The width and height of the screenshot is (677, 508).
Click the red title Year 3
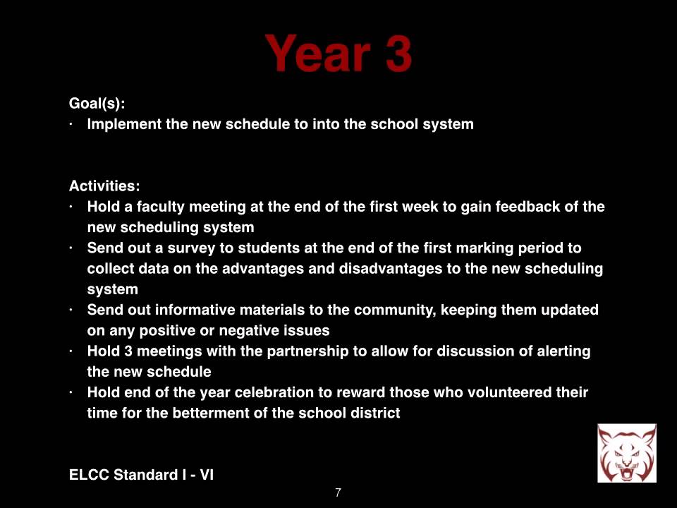point(338,54)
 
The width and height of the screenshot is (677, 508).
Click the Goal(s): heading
point(97,103)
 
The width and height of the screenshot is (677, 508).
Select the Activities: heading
point(104,186)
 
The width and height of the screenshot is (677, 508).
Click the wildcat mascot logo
point(626,453)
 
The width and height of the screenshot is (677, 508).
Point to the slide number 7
point(338,492)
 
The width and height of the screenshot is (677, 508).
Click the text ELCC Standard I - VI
point(141,475)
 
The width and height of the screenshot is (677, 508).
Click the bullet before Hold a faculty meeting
point(72,207)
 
